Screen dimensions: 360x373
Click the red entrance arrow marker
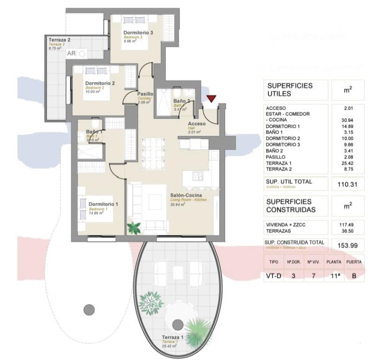212,98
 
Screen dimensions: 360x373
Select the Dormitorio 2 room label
100,84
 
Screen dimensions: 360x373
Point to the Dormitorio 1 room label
103,204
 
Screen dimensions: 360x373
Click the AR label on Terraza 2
71,53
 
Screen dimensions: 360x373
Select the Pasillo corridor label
145,94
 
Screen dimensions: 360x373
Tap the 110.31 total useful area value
347,185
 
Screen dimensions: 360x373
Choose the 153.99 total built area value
347,245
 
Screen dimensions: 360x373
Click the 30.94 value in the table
348,120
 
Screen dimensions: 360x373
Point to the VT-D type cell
274,276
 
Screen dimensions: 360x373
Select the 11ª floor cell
335,276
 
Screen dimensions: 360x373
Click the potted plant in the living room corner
134,228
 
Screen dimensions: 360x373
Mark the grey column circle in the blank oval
89,309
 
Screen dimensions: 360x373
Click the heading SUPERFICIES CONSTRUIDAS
291,206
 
